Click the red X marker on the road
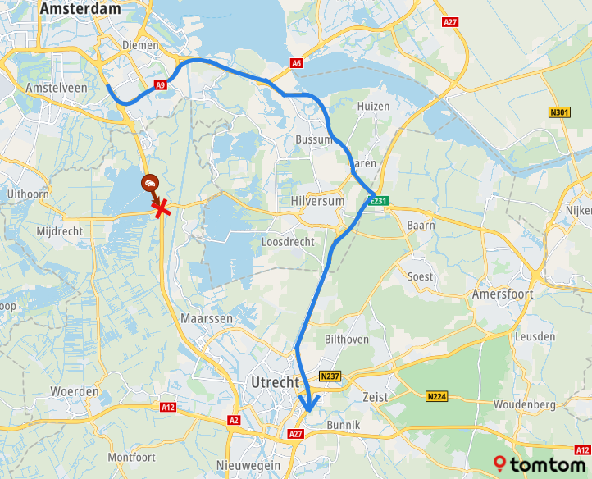(162, 209)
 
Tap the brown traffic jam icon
(151, 183)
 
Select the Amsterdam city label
(80, 9)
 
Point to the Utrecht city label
(275, 383)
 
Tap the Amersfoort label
(503, 294)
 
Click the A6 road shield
(296, 63)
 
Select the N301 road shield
(560, 112)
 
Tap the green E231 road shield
(378, 200)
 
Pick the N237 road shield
(330, 376)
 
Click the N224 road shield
(437, 397)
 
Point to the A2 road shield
(234, 420)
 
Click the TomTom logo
(541, 465)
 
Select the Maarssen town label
(207, 317)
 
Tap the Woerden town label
(75, 391)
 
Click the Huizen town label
(373, 107)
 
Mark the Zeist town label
(374, 396)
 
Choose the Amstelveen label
(55, 88)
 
